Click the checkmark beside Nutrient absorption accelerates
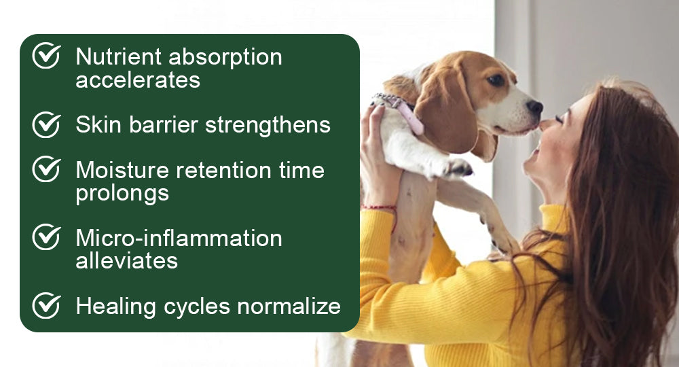[x=46, y=56]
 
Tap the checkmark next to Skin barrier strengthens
[x=46, y=124]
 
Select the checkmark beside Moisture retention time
[x=46, y=169]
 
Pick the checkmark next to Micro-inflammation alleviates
[x=46, y=237]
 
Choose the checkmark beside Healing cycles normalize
[x=46, y=306]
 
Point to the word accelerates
[x=138, y=80]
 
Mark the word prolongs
[x=122, y=194]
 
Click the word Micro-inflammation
[x=179, y=238]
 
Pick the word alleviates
[x=126, y=261]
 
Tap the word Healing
[x=116, y=307]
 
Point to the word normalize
[x=289, y=306]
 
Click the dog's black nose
[x=535, y=107]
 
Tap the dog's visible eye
[x=496, y=80]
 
